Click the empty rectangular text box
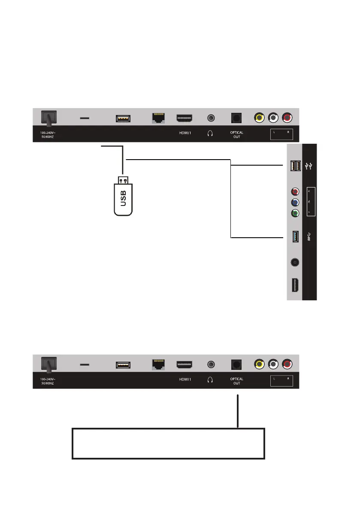tap(168, 443)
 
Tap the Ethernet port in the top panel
tap(160, 118)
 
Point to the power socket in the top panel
tap(48, 118)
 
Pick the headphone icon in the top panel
tap(210, 133)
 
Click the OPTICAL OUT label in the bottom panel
tap(236, 381)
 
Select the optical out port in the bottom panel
tap(236, 364)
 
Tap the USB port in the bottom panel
tap(123, 365)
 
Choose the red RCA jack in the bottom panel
tap(287, 365)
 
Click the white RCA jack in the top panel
tap(273, 118)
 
